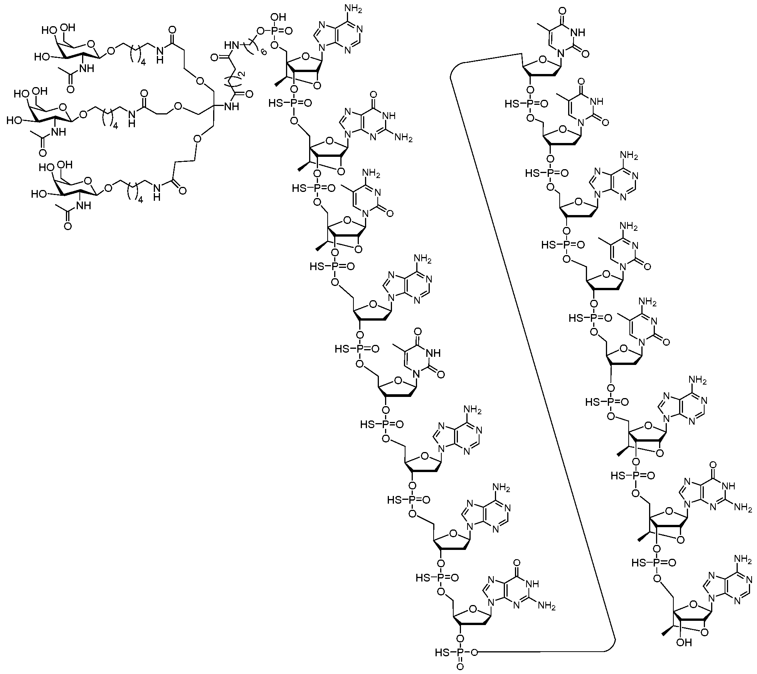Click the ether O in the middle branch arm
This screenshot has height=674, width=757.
point(178,106)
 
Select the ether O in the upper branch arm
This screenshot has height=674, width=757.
point(199,81)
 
